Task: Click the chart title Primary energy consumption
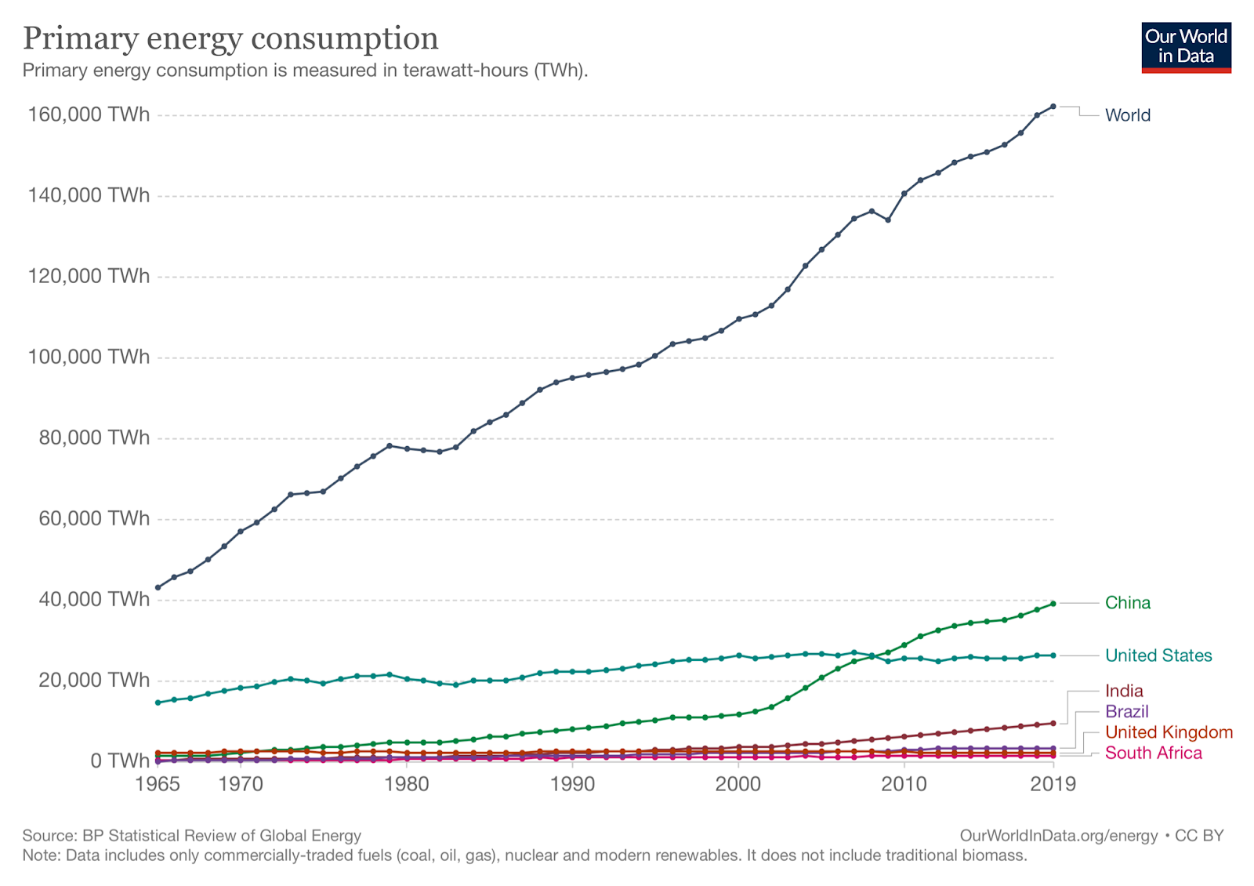pos(230,38)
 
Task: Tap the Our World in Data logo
pos(1186,47)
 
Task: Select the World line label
pos(1127,115)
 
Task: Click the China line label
pos(1127,603)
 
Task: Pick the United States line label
pos(1158,655)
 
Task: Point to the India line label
pos(1123,691)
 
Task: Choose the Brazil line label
pos(1126,711)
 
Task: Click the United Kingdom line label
pos(1168,732)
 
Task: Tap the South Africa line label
pos(1153,753)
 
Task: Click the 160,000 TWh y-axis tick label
pos(89,114)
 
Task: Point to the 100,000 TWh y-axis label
pos(89,357)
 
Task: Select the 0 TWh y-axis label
pos(119,761)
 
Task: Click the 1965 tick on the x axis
pos(158,784)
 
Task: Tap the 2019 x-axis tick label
pos(1053,784)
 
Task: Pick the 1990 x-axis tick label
pos(572,784)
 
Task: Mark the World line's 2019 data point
pos(1053,106)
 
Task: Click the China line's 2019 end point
pos(1053,603)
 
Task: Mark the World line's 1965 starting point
pos(158,587)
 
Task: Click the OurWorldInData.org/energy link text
pos(1058,836)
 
